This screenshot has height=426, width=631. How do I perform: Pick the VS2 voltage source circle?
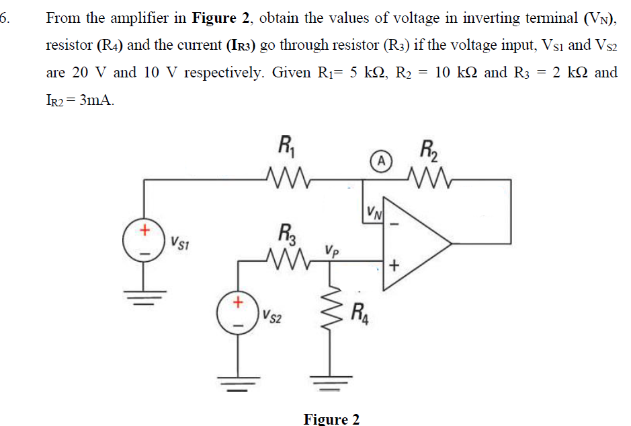pos(237,314)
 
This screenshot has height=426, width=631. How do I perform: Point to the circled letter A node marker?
pos(381,161)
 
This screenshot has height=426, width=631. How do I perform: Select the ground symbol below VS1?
pos(144,297)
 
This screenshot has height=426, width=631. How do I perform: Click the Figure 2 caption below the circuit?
pos(331,419)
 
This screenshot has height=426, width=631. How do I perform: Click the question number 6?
pos(6,17)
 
